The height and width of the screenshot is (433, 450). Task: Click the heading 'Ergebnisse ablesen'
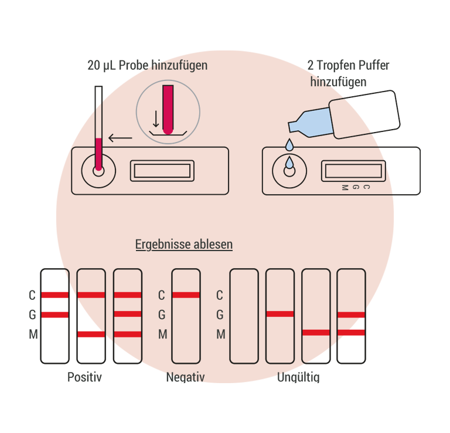click(x=183, y=244)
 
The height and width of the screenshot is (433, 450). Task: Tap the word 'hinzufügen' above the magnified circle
click(x=179, y=65)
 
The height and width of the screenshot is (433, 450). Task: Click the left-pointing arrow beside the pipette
click(x=120, y=138)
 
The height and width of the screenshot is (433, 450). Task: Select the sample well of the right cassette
click(x=289, y=170)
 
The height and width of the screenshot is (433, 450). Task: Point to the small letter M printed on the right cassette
click(x=345, y=188)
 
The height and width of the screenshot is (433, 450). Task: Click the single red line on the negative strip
click(x=186, y=295)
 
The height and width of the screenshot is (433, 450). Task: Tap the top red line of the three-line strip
click(x=128, y=295)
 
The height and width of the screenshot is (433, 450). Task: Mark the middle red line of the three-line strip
click(x=128, y=314)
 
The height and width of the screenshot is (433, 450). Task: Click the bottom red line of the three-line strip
click(x=128, y=334)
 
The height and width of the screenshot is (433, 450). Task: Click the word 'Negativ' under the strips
click(x=186, y=376)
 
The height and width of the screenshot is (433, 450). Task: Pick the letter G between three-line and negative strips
click(x=162, y=314)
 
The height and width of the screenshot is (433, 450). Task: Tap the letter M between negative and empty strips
click(x=220, y=334)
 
